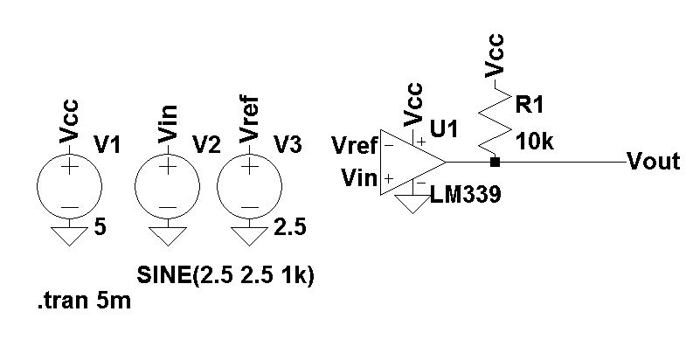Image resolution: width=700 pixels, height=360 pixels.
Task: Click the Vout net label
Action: [x=654, y=163]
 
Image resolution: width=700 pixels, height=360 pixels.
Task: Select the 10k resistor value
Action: [x=535, y=142]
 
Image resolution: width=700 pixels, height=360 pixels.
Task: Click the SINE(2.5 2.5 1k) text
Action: [x=225, y=275]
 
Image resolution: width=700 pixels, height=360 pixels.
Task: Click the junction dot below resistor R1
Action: [x=495, y=163]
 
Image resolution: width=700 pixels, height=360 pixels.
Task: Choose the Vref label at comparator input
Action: [x=355, y=144]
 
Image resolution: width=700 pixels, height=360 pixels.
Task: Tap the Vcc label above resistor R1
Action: [x=495, y=57]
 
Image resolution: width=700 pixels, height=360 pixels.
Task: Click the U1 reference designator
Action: [x=444, y=129]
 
